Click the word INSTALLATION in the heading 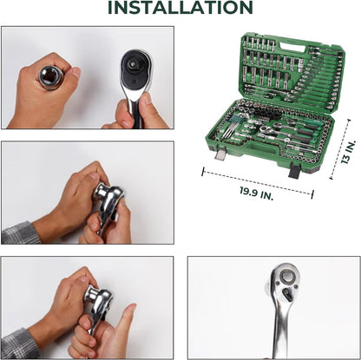click(180, 7)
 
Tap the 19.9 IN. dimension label click(256, 193)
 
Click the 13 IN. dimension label click(348, 153)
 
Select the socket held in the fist click(51, 77)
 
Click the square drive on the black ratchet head click(135, 62)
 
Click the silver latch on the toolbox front click(221, 152)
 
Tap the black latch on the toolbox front click(295, 171)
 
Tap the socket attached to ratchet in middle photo click(101, 191)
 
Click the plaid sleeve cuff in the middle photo click(21, 233)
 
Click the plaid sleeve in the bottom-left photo click(19, 344)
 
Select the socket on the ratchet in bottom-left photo click(93, 294)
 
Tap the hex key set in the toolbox click(231, 127)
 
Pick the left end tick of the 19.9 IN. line click(203, 172)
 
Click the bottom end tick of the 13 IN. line click(331, 178)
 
